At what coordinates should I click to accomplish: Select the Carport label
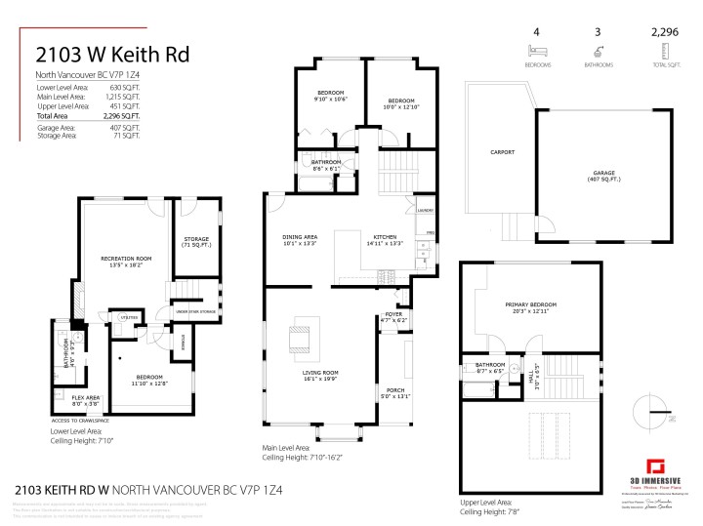502,152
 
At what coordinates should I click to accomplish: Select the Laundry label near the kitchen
424,211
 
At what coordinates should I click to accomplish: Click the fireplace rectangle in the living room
300,341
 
